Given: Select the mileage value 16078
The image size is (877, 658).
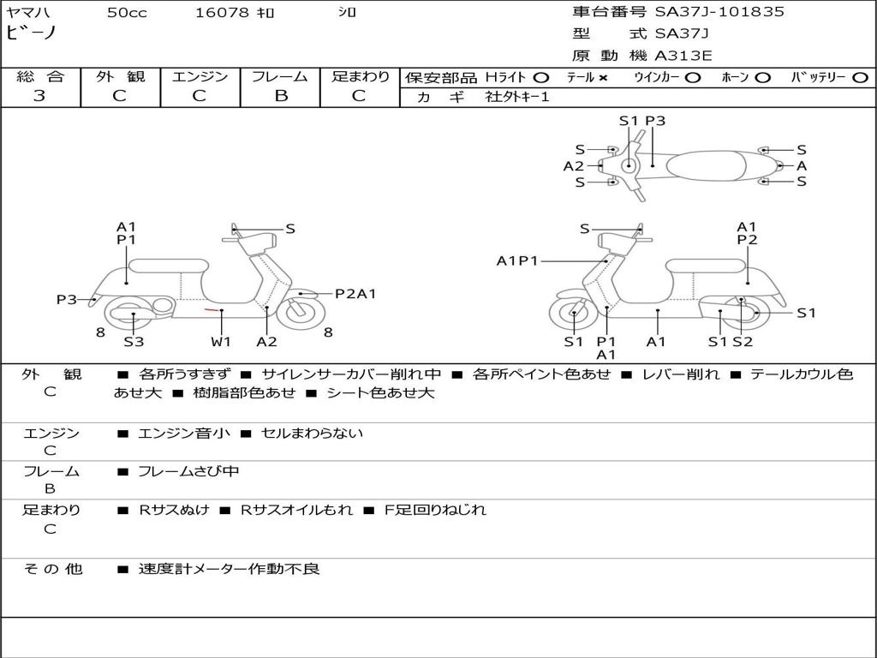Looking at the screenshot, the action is tap(222, 13).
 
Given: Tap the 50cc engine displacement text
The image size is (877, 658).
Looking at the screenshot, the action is tap(127, 13).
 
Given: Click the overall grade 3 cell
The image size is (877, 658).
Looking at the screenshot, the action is tap(39, 96).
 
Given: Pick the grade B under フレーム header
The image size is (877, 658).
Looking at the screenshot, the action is tap(281, 96).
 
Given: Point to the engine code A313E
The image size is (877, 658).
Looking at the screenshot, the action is tap(683, 57).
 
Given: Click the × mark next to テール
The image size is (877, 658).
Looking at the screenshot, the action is tap(602, 78).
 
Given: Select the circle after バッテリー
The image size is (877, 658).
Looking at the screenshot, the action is tap(860, 78).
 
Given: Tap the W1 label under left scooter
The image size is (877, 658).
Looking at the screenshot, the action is tap(221, 342).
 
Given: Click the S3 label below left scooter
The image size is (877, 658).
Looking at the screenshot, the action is tap(134, 342).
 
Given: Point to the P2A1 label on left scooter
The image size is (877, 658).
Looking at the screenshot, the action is tap(355, 294).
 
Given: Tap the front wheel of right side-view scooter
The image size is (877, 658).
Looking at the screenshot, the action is tap(573, 314).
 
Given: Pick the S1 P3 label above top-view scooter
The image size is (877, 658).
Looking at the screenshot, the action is tap(642, 121).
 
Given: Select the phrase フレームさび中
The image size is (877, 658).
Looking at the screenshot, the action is tap(188, 472).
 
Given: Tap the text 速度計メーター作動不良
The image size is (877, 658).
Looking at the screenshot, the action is tap(229, 569).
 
